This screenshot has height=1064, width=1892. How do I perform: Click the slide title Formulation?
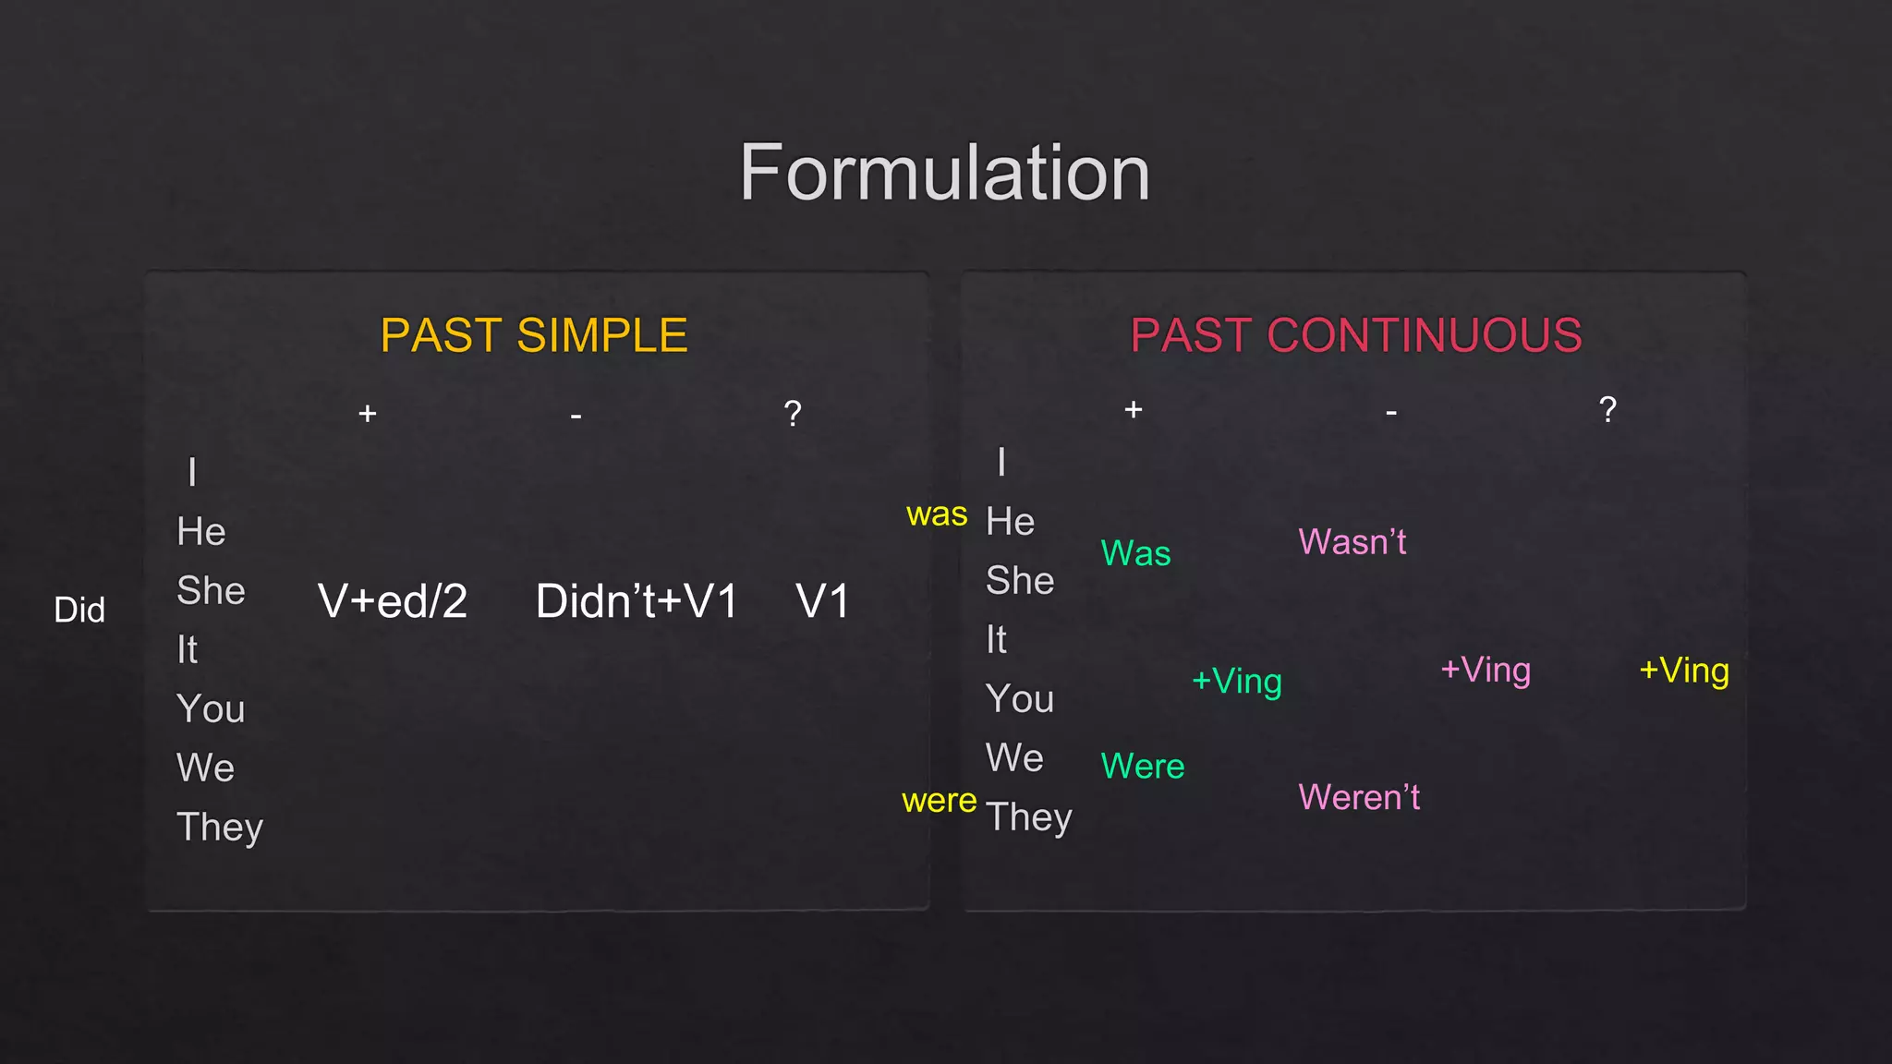[x=944, y=173]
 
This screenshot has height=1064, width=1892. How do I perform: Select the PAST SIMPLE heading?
[x=534, y=335]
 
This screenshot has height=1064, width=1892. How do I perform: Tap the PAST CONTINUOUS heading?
[x=1355, y=335]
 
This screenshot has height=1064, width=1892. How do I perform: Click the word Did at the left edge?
[x=79, y=611]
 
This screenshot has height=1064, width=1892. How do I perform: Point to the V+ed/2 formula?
[x=393, y=601]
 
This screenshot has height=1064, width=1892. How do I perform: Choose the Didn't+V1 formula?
[x=637, y=601]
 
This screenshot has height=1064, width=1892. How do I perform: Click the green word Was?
[x=1135, y=554]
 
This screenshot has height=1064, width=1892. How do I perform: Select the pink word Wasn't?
[x=1352, y=542]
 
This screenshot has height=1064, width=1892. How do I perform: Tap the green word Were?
[x=1142, y=767]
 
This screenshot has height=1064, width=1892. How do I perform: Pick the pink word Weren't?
[x=1358, y=798]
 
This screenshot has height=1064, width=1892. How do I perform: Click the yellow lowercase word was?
[x=937, y=514]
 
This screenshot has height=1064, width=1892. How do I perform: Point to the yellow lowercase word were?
[x=939, y=801]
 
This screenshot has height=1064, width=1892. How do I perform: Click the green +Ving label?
[x=1237, y=682]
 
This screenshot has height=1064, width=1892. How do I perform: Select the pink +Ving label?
[x=1486, y=671]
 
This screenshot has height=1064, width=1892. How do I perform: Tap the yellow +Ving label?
[x=1684, y=671]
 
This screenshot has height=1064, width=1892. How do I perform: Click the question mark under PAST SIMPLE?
[x=793, y=413]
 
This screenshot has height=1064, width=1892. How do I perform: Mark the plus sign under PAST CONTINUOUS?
[x=1134, y=409]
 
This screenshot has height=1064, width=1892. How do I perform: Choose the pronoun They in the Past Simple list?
[x=220, y=828]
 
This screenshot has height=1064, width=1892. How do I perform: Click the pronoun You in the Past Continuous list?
[x=1020, y=699]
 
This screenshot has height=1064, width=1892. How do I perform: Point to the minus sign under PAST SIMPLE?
[x=576, y=417]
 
